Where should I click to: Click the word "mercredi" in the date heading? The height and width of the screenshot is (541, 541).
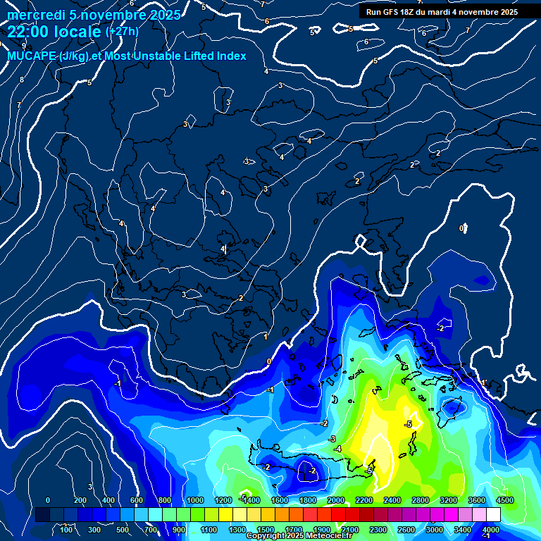pos(33,15)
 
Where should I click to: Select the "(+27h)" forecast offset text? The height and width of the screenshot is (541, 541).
pos(122,32)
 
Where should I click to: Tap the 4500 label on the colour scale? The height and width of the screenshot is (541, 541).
pos(505,500)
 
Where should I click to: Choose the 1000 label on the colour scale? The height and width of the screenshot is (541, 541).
pos(195,500)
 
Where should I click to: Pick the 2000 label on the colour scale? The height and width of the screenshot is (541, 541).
pos(336,500)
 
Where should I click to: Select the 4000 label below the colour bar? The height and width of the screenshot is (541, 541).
pos(491,529)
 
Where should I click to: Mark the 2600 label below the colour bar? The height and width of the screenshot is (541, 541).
pos(406,529)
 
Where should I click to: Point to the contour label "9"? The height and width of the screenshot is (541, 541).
pos(23,46)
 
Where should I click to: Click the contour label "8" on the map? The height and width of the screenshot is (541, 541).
pos(21,80)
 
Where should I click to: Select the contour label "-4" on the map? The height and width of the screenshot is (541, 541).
pos(338,449)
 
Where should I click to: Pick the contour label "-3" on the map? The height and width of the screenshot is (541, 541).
pos(332,439)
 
